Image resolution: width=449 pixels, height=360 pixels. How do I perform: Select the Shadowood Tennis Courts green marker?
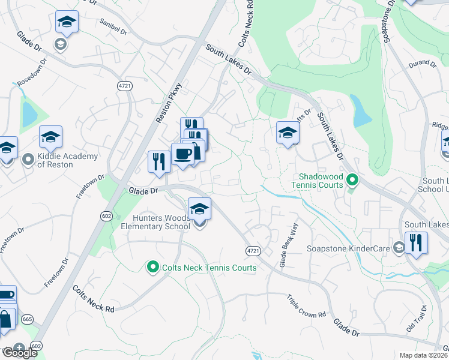(x=353, y=180)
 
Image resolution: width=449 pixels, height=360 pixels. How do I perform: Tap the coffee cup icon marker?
(x=183, y=154)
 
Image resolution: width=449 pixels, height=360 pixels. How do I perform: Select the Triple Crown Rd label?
(x=306, y=306)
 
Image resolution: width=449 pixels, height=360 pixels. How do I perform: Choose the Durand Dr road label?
(x=421, y=63)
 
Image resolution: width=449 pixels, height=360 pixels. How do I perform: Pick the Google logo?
(x=19, y=353)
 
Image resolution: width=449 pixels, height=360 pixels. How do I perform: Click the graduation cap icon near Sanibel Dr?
(x=67, y=23)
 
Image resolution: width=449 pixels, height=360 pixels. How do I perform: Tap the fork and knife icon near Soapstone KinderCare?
(x=416, y=243)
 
